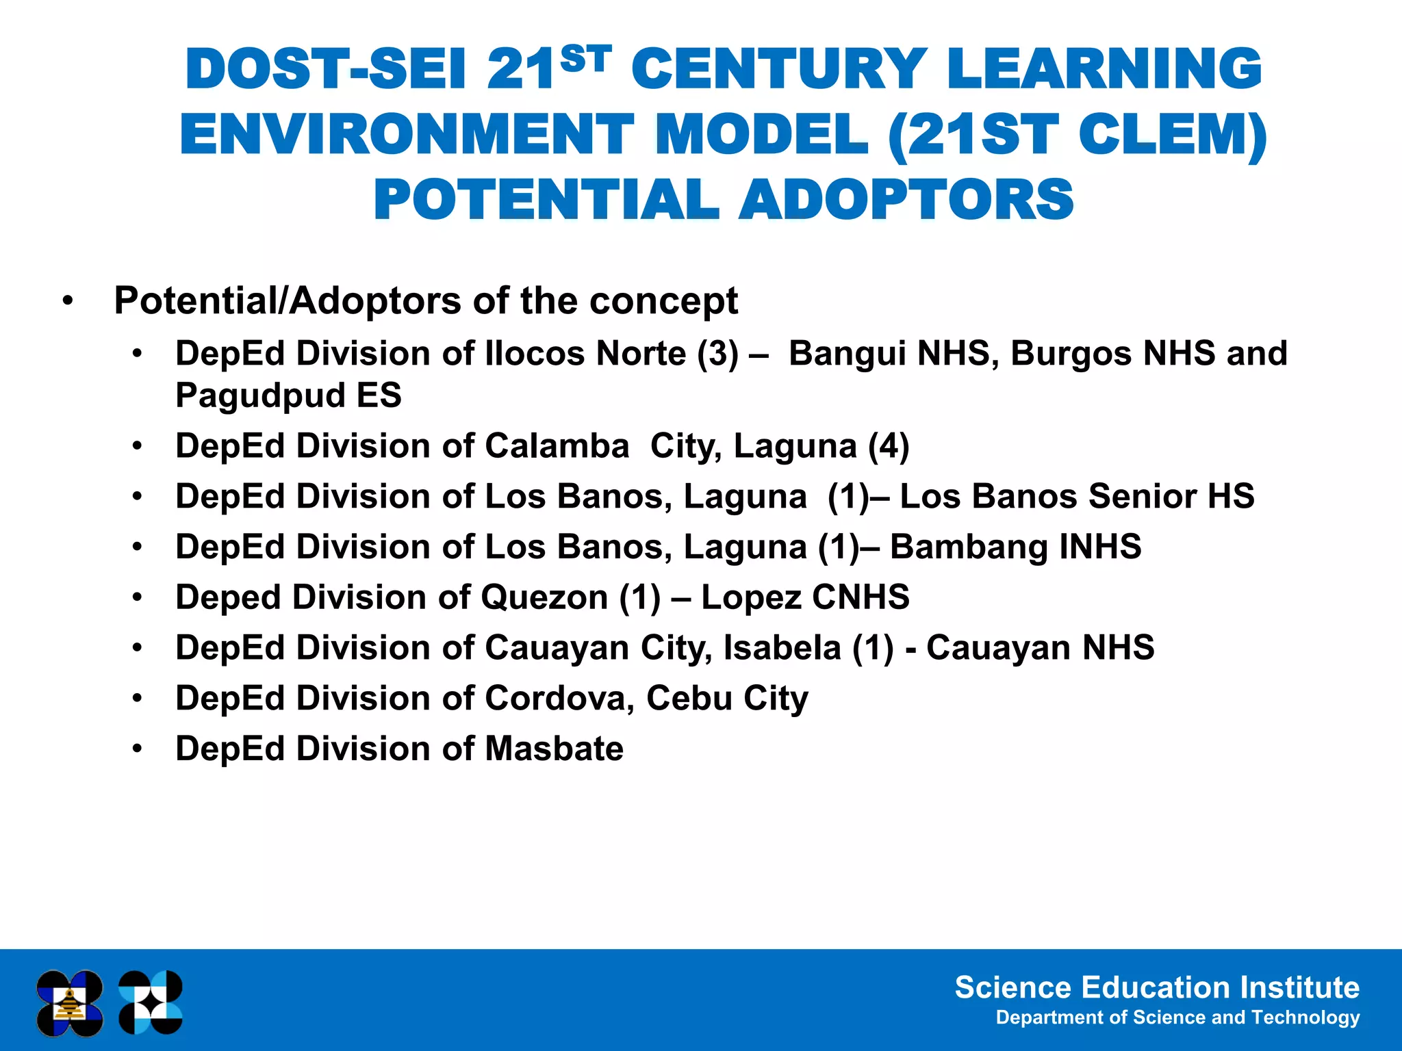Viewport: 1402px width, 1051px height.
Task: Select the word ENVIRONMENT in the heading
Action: pyautogui.click(x=407, y=135)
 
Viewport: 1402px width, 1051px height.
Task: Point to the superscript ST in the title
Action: pyautogui.click(x=585, y=58)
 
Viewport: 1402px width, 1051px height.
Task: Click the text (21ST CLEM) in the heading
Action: pyautogui.click(x=1076, y=135)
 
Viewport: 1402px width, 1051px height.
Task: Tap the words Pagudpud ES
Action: pyautogui.click(x=288, y=395)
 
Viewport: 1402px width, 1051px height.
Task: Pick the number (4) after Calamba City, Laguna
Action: pyautogui.click(x=889, y=446)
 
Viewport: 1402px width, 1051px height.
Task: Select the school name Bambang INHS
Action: pyautogui.click(x=1015, y=547)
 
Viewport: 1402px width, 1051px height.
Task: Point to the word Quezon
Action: pyautogui.click(x=544, y=597)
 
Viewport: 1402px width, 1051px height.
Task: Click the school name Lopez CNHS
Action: pyautogui.click(x=805, y=597)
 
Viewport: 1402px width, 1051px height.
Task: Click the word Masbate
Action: pyautogui.click(x=554, y=749)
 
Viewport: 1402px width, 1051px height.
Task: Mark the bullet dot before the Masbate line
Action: pyautogui.click(x=138, y=749)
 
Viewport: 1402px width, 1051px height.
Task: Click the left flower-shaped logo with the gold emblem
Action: pyautogui.click(x=70, y=1003)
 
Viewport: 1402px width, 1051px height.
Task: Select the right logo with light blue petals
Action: pyautogui.click(x=151, y=1003)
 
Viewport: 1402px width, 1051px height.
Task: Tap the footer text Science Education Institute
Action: pyautogui.click(x=1156, y=988)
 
